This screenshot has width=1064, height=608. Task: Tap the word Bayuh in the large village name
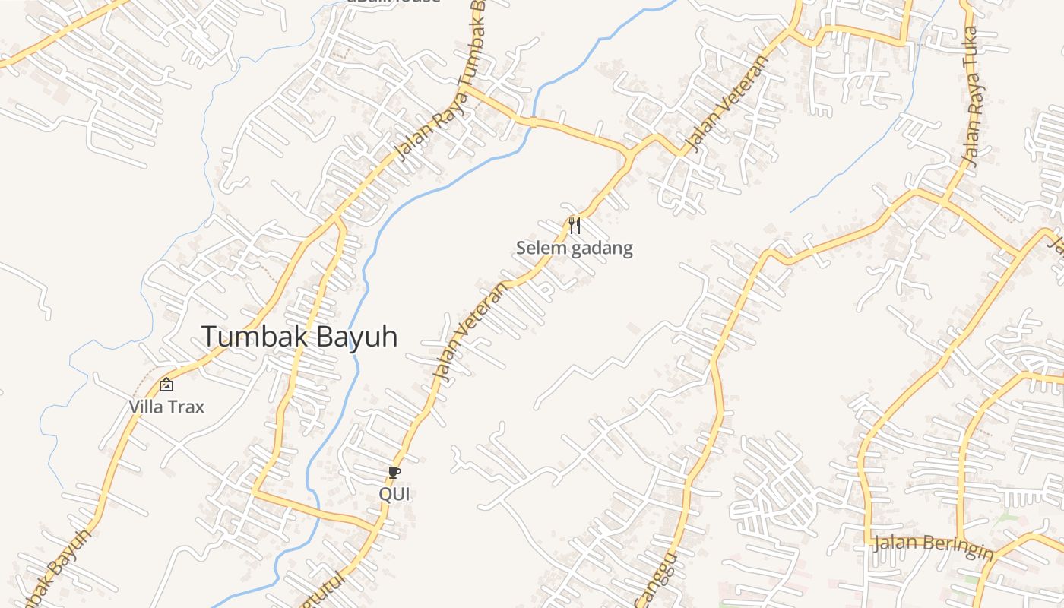click(356, 337)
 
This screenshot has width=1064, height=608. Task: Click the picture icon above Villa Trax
click(166, 385)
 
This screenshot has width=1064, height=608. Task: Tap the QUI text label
click(394, 494)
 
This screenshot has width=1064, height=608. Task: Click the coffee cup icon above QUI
click(394, 473)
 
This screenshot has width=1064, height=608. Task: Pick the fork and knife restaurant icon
click(575, 225)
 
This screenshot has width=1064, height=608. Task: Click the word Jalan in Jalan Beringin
click(895, 543)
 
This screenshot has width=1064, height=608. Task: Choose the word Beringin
click(957, 548)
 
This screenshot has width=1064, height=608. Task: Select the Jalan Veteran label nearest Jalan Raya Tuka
click(729, 102)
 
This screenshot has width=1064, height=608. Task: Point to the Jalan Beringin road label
click(933, 546)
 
